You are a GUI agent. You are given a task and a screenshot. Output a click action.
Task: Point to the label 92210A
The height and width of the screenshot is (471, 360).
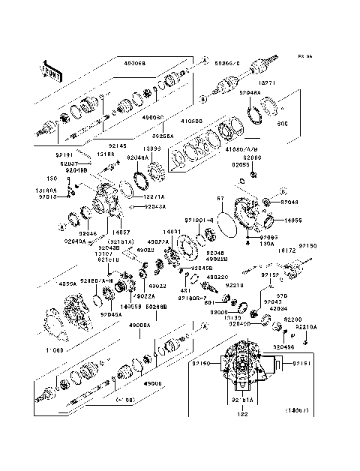tap(326, 327)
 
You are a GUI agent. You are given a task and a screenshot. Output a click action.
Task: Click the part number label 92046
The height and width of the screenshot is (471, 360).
tap(88, 233)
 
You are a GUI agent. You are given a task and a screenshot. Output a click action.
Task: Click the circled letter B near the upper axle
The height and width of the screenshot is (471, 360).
tap(203, 97)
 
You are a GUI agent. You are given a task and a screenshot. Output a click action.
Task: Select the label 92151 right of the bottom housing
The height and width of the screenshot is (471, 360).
tap(302, 363)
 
